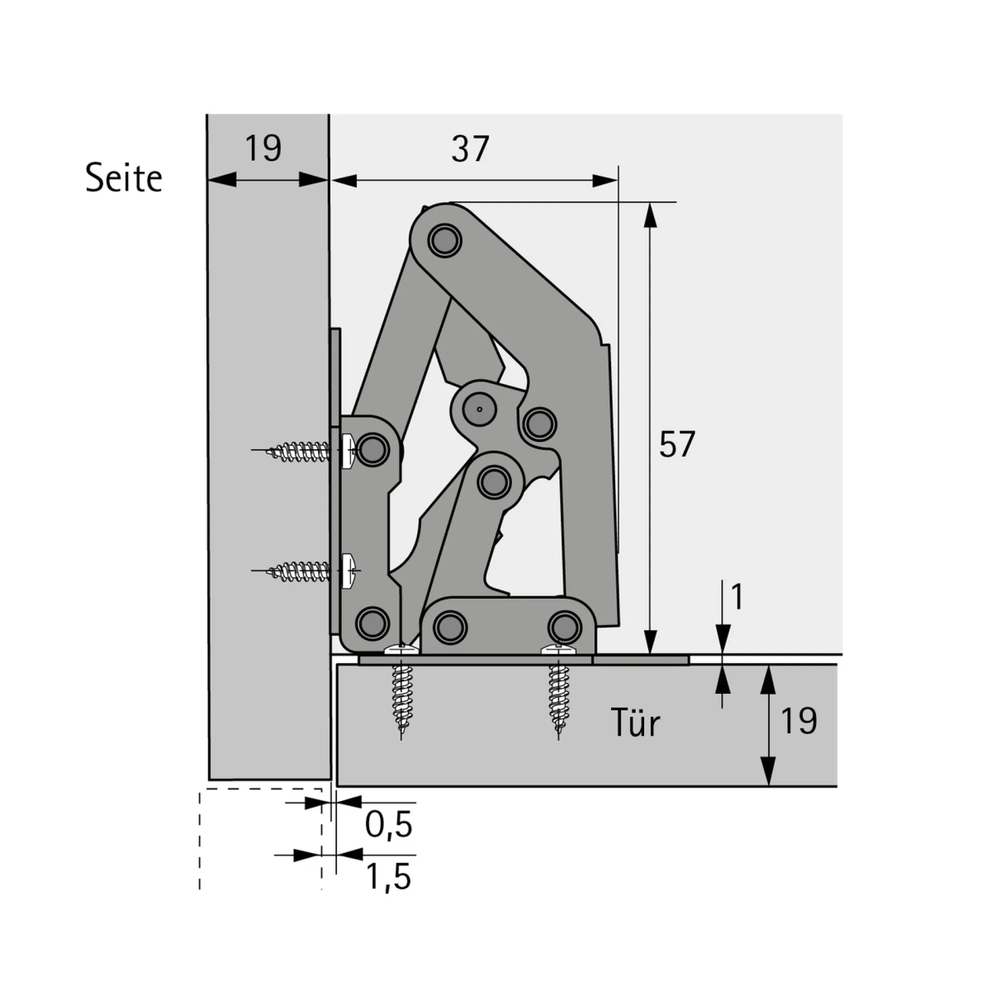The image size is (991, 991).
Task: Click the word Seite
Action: click(x=124, y=178)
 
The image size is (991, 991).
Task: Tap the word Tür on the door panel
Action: click(x=635, y=723)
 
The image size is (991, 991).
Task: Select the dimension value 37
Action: click(x=470, y=149)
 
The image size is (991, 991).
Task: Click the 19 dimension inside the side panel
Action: click(x=263, y=149)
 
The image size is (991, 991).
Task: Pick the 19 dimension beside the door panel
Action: click(x=799, y=721)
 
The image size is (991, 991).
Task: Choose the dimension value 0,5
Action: click(x=389, y=824)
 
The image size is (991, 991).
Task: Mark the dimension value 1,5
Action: click(x=389, y=876)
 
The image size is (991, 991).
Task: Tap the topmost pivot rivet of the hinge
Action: click(x=444, y=240)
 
